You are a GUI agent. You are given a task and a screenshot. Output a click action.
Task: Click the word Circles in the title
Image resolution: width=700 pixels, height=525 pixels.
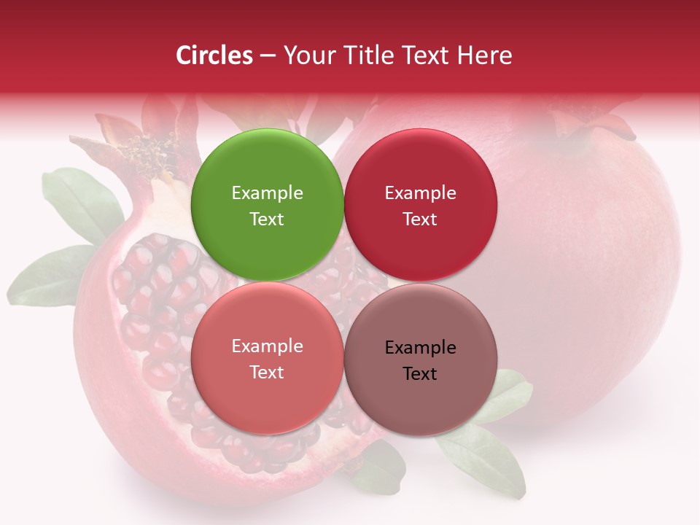click(x=214, y=55)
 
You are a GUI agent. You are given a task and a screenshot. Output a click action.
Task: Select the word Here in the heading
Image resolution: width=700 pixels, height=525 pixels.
click(x=484, y=55)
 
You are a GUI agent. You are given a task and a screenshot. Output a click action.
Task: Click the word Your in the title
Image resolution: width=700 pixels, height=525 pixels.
click(x=309, y=55)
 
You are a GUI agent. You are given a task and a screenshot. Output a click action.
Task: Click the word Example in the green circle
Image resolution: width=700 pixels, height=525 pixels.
click(x=267, y=193)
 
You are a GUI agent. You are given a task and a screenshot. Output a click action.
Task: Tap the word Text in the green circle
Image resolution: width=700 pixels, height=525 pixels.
click(x=267, y=219)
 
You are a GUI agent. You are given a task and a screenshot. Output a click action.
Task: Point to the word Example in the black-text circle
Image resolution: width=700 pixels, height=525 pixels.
click(x=420, y=348)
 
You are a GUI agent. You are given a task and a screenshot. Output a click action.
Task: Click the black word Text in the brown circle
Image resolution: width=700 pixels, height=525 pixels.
click(x=420, y=373)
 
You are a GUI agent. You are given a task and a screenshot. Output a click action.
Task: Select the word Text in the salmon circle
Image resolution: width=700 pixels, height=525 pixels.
click(x=267, y=372)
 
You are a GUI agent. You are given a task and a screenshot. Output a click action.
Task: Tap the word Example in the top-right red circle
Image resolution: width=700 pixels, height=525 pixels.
click(x=420, y=193)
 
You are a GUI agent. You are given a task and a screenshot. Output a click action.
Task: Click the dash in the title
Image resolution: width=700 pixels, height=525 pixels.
click(x=268, y=56)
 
